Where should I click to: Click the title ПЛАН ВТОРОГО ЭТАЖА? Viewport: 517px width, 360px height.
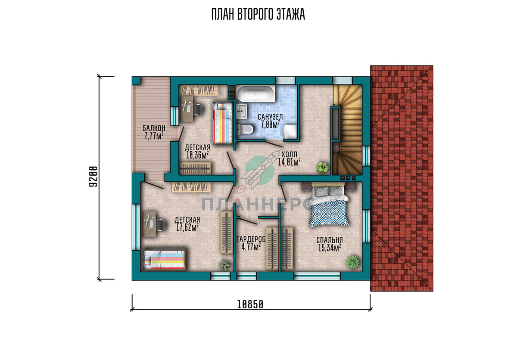(x=258, y=14)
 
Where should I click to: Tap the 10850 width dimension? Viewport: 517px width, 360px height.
(x=250, y=304)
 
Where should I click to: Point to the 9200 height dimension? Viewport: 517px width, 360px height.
(x=93, y=177)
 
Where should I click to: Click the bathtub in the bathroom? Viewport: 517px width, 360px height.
(x=256, y=93)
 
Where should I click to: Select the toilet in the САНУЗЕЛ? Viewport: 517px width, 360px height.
(x=245, y=129)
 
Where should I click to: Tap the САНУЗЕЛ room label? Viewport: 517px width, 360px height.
(x=270, y=117)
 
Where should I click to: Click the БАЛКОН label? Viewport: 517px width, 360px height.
(x=154, y=128)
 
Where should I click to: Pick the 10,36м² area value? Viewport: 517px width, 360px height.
(x=198, y=155)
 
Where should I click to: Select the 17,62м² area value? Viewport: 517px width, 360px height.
(x=187, y=227)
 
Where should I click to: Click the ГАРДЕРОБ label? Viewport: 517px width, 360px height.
(x=251, y=239)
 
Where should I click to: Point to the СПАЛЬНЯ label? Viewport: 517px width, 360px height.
(x=329, y=240)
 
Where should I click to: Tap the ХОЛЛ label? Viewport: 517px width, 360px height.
(x=289, y=154)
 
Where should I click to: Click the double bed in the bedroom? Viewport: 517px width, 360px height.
(x=330, y=205)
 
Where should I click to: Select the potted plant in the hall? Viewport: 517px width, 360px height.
(x=322, y=168)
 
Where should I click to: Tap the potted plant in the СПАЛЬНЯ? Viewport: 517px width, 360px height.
(x=353, y=262)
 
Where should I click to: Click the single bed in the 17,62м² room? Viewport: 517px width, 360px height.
(x=164, y=260)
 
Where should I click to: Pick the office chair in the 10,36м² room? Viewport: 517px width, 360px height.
(x=198, y=109)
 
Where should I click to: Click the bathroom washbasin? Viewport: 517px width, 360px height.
(x=242, y=111)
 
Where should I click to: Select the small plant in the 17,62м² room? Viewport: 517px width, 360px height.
(x=225, y=265)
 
